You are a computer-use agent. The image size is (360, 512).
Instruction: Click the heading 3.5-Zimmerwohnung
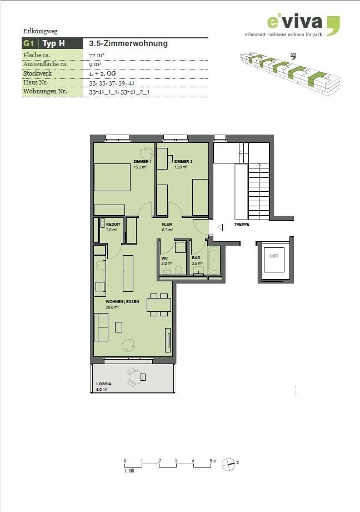click(128, 43)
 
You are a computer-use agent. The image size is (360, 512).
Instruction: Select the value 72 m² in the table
click(97, 56)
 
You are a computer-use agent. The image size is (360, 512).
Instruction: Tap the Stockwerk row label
click(38, 73)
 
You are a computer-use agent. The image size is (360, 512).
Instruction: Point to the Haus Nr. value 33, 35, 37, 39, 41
click(112, 83)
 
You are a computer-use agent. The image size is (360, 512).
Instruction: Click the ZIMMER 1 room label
click(142, 161)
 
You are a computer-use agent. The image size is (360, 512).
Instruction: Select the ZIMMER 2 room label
click(182, 161)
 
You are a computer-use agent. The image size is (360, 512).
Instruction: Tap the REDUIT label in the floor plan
click(113, 225)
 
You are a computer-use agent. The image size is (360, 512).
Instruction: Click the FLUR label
click(167, 225)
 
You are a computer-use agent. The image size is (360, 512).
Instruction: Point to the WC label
click(164, 258)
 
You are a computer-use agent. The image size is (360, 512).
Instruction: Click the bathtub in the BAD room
click(214, 260)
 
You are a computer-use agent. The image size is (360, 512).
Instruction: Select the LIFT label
click(274, 256)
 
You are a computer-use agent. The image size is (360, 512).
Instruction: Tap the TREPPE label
click(241, 225)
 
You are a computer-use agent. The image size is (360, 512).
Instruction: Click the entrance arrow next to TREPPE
click(220, 227)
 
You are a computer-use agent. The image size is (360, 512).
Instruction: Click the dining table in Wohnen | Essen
click(158, 305)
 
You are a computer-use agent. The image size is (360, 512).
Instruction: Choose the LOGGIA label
click(103, 384)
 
